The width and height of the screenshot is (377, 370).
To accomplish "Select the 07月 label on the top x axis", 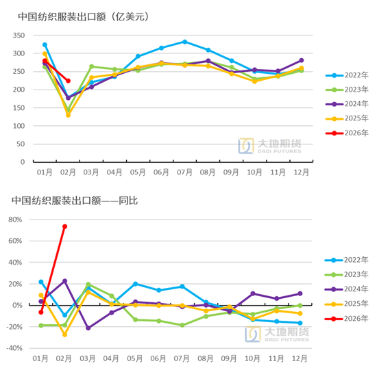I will point(184,172).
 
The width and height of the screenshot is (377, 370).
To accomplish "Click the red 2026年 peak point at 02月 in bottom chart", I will point(64,226).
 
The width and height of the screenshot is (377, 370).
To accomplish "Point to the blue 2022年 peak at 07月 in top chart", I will point(184,42).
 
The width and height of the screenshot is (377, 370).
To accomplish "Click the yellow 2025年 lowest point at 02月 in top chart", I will point(68,115).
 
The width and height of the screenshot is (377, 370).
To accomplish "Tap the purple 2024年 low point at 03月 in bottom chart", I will point(88,328).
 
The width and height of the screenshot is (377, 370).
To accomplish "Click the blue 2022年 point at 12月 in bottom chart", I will point(300,323).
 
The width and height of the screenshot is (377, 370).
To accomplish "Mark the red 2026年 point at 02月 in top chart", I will point(68,81).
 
